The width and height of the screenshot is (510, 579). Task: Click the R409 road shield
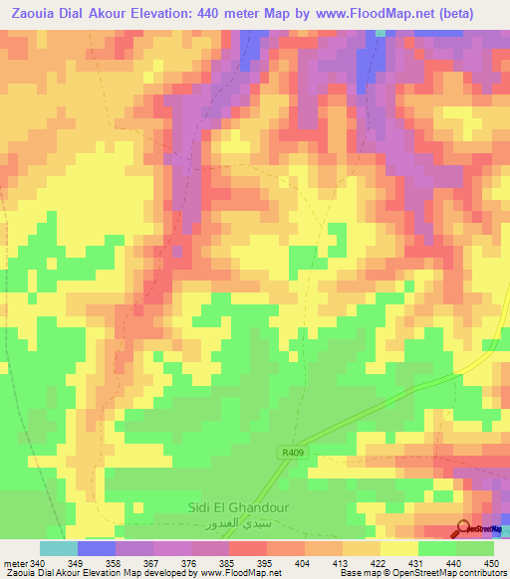[291, 451]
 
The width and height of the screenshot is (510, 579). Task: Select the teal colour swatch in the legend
[59, 548]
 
